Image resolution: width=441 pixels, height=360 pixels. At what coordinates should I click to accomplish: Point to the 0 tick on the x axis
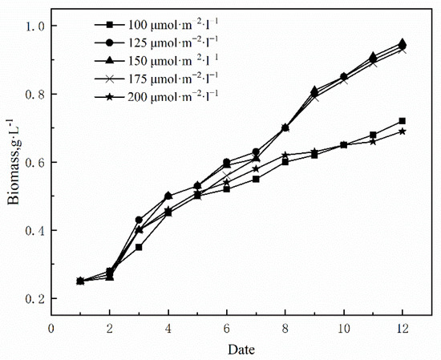point(51,329)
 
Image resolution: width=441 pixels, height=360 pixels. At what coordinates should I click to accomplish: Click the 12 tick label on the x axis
point(402,329)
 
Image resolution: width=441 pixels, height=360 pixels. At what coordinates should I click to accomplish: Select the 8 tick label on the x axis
point(285,329)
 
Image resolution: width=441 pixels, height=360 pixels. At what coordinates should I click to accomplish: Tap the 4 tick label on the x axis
point(168,329)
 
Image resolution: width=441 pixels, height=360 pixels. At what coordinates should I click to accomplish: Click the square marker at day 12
point(402,121)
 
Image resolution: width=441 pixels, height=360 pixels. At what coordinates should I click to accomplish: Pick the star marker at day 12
point(402,131)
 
